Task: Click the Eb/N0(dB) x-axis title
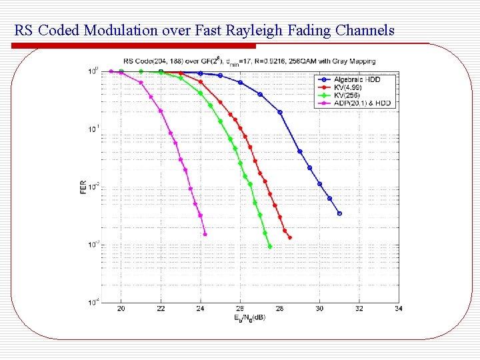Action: [250, 317]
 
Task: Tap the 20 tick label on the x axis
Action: [121, 309]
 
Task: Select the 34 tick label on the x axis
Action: [398, 309]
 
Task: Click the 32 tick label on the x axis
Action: [359, 309]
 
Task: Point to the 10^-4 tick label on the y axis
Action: [93, 302]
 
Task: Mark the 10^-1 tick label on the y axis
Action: [93, 128]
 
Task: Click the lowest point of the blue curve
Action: [339, 213]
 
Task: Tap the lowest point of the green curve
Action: [270, 247]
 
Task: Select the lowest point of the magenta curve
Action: [205, 234]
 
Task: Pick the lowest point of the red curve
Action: [289, 237]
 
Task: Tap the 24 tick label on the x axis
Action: [200, 309]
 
